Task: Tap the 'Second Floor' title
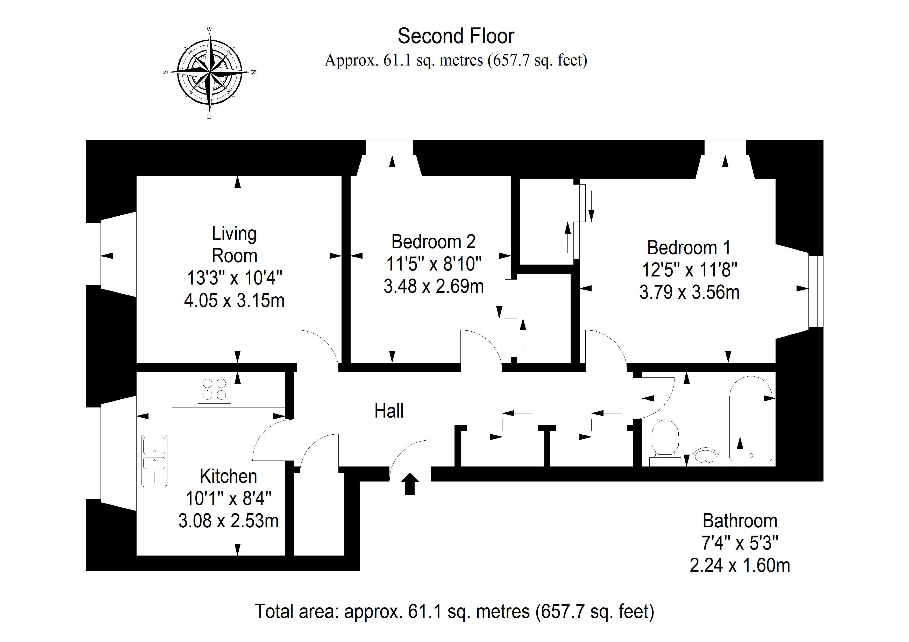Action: tap(456, 36)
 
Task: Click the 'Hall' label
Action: tap(389, 411)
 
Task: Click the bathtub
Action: tap(751, 419)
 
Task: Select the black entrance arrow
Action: tap(410, 484)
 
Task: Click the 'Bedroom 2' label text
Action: tap(434, 242)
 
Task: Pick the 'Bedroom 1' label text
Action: tap(689, 248)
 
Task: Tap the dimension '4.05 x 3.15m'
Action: tap(234, 301)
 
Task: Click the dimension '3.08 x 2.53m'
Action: tap(229, 521)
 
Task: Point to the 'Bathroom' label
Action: tap(740, 521)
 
